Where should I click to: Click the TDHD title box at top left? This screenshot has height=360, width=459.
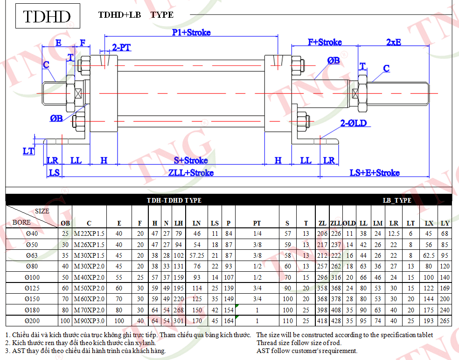pyautogui.click(x=48, y=16)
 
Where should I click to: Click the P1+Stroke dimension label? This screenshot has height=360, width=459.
pyautogui.click(x=191, y=32)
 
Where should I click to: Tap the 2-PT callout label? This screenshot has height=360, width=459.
pyautogui.click(x=121, y=47)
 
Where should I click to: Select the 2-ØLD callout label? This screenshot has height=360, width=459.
pyautogui.click(x=353, y=123)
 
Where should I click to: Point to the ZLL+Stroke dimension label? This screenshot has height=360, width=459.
pyautogui.click(x=191, y=173)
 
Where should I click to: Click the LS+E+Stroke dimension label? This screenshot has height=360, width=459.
pyautogui.click(x=375, y=173)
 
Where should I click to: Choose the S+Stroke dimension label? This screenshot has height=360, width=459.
pyautogui.click(x=191, y=160)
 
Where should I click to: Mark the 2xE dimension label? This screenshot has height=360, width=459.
pyautogui.click(x=393, y=42)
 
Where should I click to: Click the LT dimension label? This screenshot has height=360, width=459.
pyautogui.click(x=28, y=151)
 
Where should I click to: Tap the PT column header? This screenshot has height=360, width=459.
pyautogui.click(x=257, y=223)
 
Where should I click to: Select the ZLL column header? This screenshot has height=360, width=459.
pyautogui.click(x=336, y=223)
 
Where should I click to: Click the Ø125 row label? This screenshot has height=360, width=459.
pyautogui.click(x=32, y=288)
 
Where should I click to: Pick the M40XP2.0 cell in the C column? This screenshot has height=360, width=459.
pyautogui.click(x=89, y=277)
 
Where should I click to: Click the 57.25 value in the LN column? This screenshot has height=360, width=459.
pyautogui.click(x=197, y=255)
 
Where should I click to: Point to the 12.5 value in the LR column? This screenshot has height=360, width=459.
pyautogui.click(x=394, y=233)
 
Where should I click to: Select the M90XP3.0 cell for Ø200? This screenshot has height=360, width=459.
pyautogui.click(x=89, y=321)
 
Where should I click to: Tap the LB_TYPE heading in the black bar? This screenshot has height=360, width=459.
pyautogui.click(x=397, y=200)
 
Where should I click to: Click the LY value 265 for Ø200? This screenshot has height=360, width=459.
pyautogui.click(x=445, y=321)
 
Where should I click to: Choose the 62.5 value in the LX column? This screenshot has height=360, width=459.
pyautogui.click(x=429, y=255)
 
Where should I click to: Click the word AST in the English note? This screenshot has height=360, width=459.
pyautogui.click(x=263, y=351)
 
